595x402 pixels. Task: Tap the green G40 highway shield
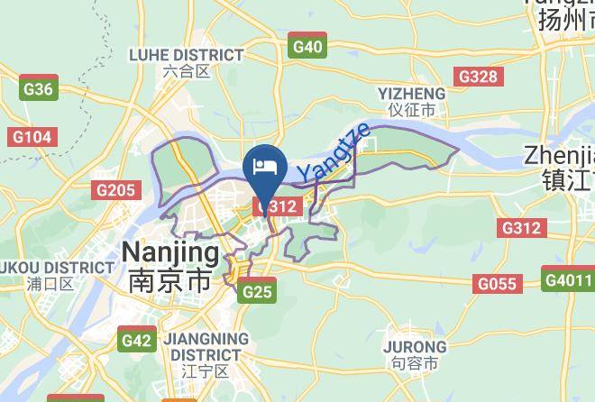pyautogui.click(x=307, y=47)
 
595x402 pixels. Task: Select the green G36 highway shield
pyautogui.click(x=39, y=88)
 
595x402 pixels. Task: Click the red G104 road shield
pyautogui.click(x=32, y=137)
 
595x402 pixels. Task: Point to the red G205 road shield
pyautogui.click(x=115, y=190)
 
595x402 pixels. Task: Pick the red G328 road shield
pyautogui.click(x=478, y=77)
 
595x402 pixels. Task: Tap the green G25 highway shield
pyautogui.click(x=257, y=290)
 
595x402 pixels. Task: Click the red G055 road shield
pyautogui.click(x=497, y=285)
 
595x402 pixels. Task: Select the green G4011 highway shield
pyautogui.click(x=568, y=279)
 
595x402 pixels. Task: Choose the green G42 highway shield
pyautogui.click(x=137, y=341)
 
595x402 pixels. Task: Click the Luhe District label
pyautogui.click(x=186, y=55)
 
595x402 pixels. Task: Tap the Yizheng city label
pyautogui.click(x=411, y=94)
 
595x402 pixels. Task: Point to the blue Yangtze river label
pyautogui.click(x=333, y=151)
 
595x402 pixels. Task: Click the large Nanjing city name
pyautogui.click(x=170, y=251)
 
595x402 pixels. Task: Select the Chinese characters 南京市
pyautogui.click(x=170, y=279)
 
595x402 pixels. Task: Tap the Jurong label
pyautogui.click(x=415, y=347)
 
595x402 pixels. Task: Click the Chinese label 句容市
pyautogui.click(x=415, y=364)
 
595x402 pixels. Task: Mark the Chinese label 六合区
pyautogui.click(x=188, y=71)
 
